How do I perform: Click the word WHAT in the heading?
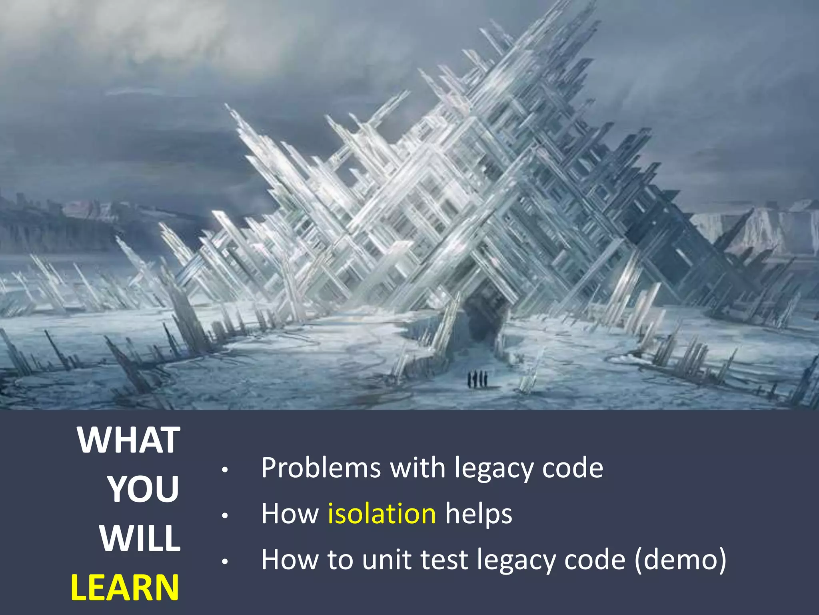click(129, 440)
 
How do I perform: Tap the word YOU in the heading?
click(143, 489)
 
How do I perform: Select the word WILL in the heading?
click(140, 539)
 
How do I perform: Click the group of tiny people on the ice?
click(477, 378)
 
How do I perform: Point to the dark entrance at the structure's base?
click(485, 316)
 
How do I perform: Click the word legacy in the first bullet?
click(494, 468)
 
